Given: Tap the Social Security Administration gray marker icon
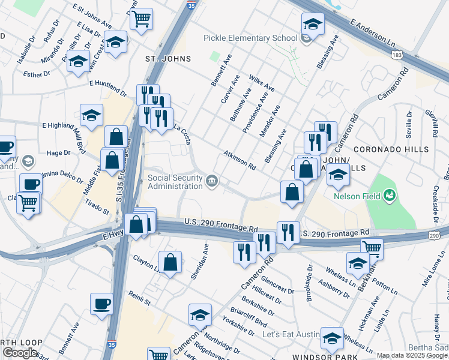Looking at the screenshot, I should coord(212,181).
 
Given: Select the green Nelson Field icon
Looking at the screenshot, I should coord(390,195).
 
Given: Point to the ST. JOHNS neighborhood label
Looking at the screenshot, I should coord(168,59).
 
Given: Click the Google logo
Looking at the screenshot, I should coord(20,353).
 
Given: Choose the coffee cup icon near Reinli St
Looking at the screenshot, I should coord(101,304).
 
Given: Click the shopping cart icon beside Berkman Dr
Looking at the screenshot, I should coord(372,248).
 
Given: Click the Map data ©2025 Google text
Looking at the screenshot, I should coord(412,355).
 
